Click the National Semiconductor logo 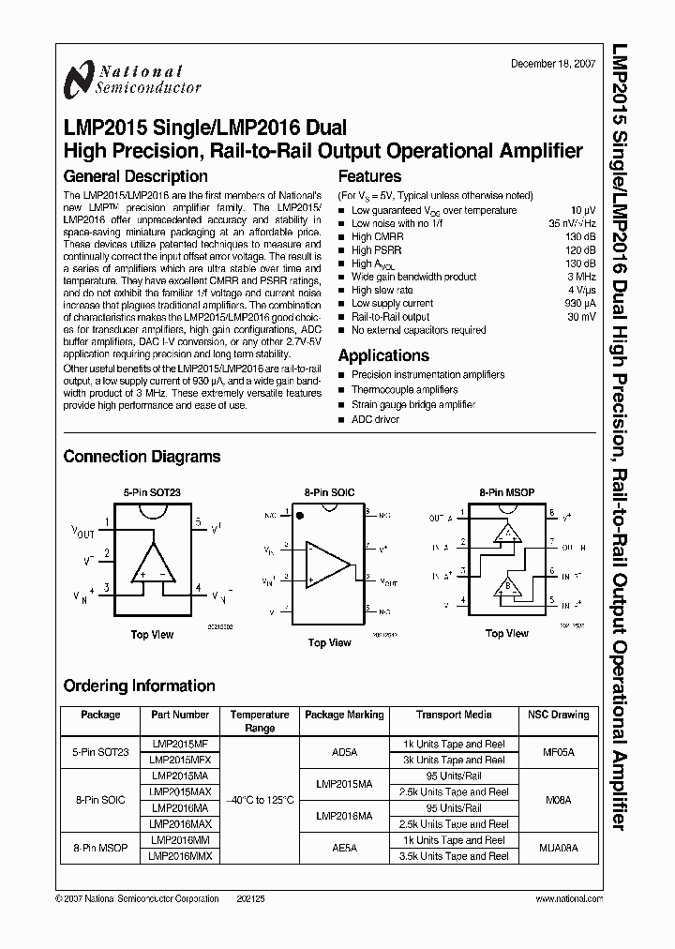coord(130,80)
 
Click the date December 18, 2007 coord(551,64)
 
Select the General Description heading coord(135,176)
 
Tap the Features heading coord(369,176)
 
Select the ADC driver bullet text coord(375,420)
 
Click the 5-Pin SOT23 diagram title coord(148,491)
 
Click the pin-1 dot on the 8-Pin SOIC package coord(300,516)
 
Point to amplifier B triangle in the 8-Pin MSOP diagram coord(509,588)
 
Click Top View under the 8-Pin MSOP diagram coord(507,634)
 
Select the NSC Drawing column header coord(557,715)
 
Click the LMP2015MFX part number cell coord(180,760)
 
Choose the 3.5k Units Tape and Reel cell coord(453,856)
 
